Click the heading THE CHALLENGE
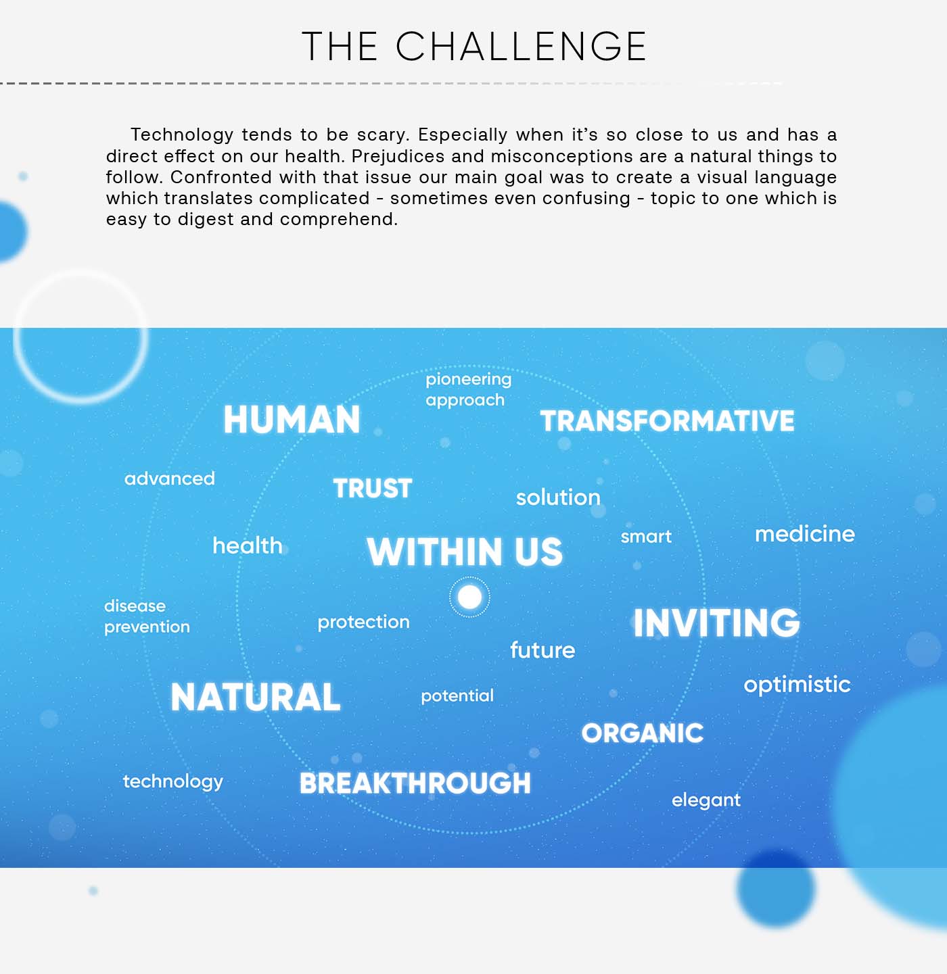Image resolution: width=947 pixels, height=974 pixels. point(473,46)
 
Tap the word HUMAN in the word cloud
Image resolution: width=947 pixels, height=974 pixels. point(292,420)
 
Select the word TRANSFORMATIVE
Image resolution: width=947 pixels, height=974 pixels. point(667,420)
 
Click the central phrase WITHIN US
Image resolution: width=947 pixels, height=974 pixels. point(465,552)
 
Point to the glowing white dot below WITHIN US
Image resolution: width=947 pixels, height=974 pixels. point(469,597)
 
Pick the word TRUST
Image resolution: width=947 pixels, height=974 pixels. point(373,488)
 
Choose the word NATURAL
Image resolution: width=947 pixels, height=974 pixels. point(256,697)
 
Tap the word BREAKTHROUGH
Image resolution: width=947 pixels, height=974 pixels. point(415,783)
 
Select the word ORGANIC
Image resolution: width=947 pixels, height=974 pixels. point(643,733)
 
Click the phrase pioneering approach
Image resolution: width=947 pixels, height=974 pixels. point(468,389)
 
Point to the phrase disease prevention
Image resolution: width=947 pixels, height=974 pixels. point(147,616)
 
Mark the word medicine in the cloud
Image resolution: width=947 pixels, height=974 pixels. point(805,534)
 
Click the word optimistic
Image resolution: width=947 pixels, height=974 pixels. point(797,685)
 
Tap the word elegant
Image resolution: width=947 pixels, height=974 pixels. point(706,800)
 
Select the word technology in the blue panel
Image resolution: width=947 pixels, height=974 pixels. point(172,781)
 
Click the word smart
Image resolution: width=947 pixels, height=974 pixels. point(646,537)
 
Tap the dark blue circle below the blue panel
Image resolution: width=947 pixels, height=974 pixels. point(776,889)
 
